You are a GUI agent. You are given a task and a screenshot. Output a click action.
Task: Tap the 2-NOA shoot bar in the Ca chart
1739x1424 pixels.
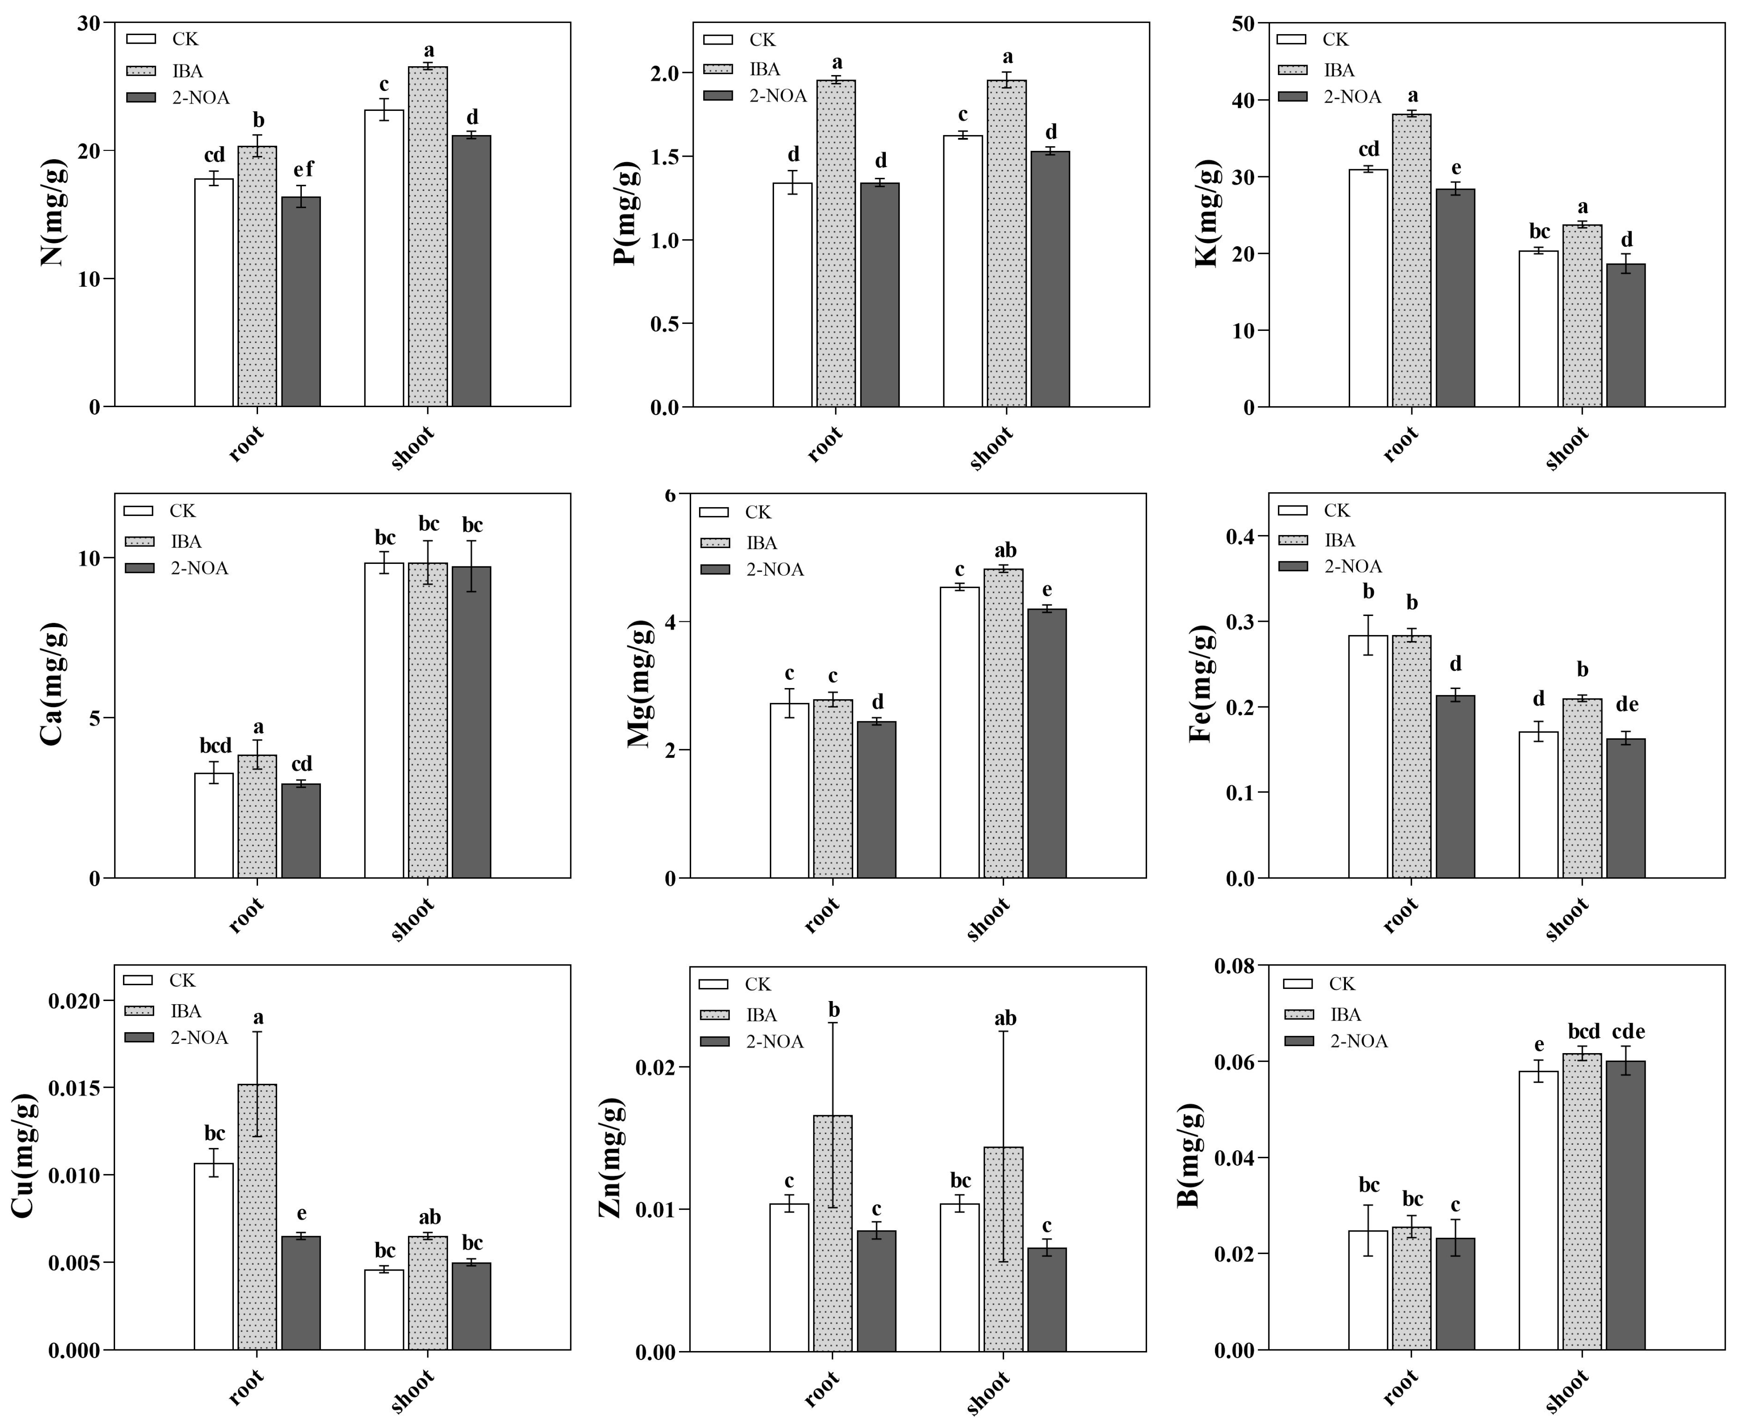(x=471, y=722)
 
